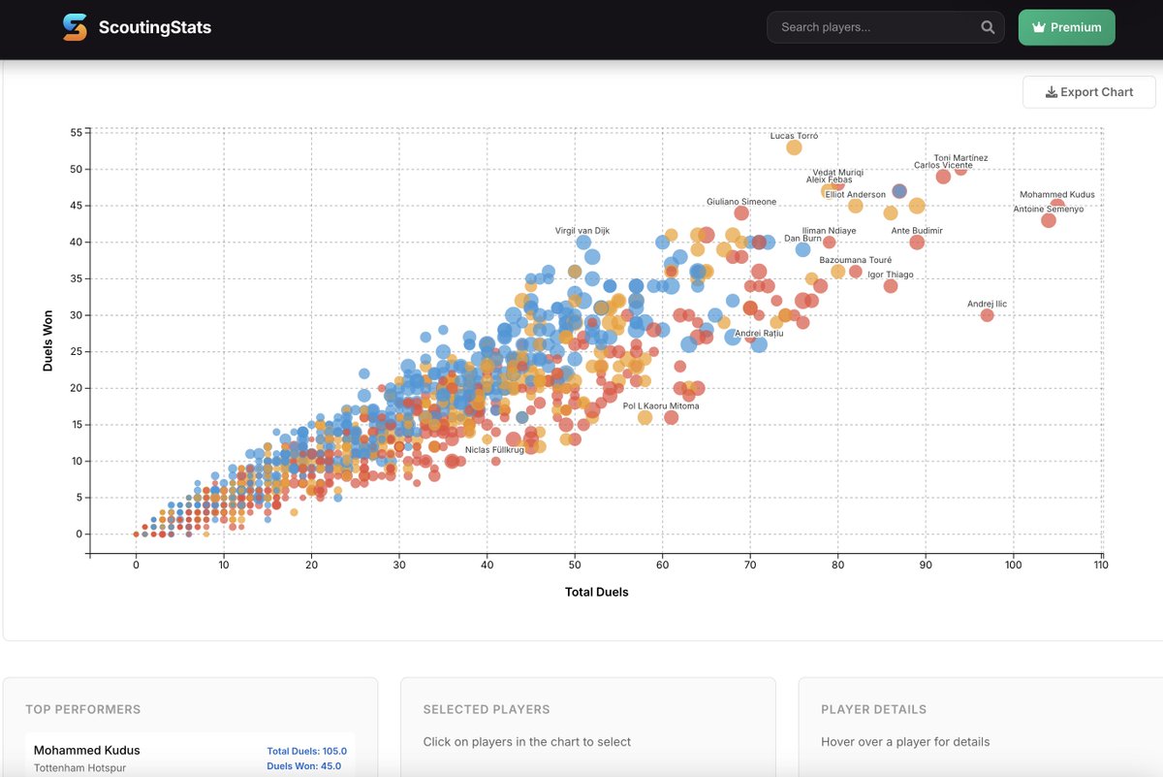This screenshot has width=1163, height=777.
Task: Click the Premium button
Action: (x=1066, y=27)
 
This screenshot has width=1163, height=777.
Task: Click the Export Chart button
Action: (x=1089, y=92)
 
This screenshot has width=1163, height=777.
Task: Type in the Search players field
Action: (x=872, y=27)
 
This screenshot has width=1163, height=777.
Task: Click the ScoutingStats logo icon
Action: (x=75, y=27)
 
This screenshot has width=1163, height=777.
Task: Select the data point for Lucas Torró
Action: (x=794, y=147)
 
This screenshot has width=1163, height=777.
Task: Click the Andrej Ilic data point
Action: (x=987, y=315)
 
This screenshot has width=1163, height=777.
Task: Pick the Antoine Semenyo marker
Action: (x=1048, y=220)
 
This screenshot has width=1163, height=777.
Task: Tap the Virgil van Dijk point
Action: (x=583, y=243)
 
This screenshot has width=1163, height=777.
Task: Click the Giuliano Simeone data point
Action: (x=741, y=213)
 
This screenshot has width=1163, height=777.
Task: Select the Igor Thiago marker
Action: (x=891, y=286)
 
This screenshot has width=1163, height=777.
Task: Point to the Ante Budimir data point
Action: (x=917, y=243)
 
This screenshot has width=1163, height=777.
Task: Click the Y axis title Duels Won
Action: (x=47, y=340)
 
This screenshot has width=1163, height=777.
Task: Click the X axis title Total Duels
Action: (x=596, y=592)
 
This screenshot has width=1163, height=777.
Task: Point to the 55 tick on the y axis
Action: (x=75, y=132)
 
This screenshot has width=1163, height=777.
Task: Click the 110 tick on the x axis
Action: (x=1100, y=566)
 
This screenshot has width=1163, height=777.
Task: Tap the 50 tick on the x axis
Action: (x=574, y=566)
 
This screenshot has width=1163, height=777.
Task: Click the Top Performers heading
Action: (x=82, y=709)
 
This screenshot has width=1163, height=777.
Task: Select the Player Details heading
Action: (x=873, y=709)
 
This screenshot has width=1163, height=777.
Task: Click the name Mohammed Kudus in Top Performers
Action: (x=86, y=750)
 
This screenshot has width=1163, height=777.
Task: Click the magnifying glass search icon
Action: (x=988, y=27)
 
